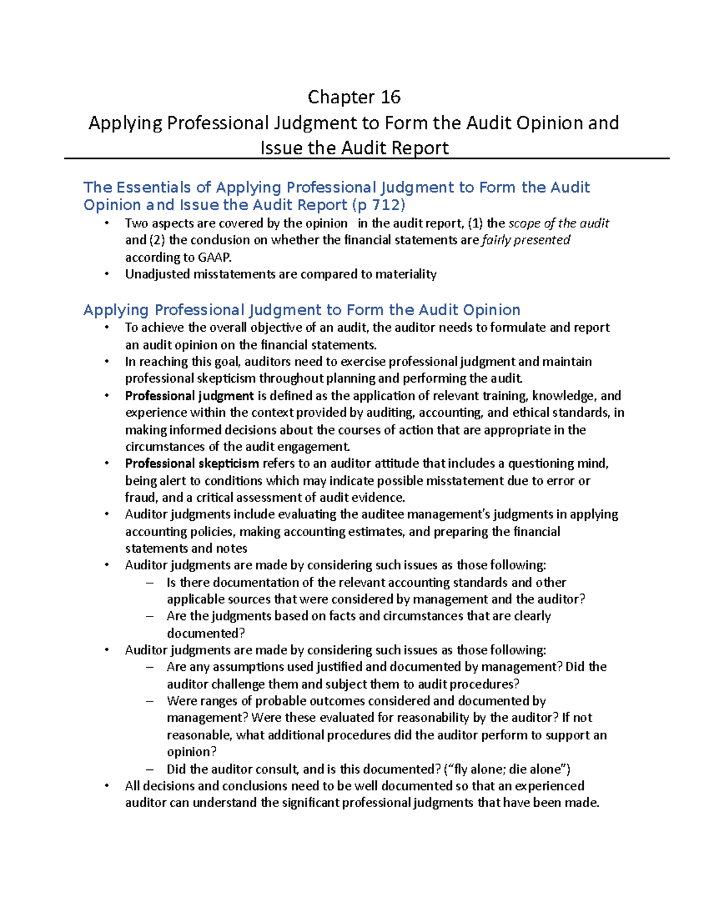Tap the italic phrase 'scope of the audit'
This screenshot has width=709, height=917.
[x=558, y=223]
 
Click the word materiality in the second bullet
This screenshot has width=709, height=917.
[x=407, y=274]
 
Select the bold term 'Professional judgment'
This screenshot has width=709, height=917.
[x=189, y=396]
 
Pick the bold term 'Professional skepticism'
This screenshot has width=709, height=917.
[x=192, y=464]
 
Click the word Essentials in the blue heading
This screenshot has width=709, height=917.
[x=154, y=187]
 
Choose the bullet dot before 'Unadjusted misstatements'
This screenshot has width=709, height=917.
[x=106, y=274]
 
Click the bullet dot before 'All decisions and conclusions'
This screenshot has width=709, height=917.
[x=106, y=786]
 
